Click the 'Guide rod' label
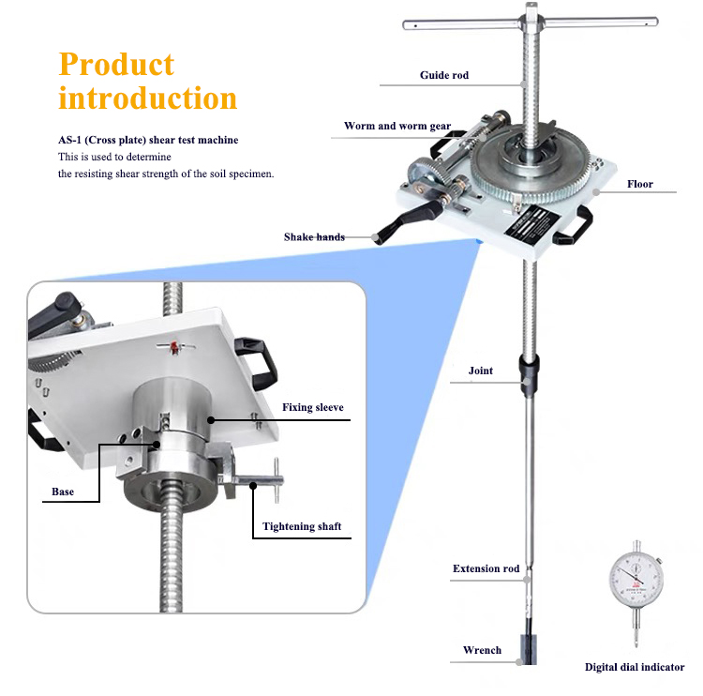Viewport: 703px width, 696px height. [443, 75]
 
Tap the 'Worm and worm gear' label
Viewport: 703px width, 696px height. [396, 126]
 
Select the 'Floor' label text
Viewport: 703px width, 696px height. [640, 184]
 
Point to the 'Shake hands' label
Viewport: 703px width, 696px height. [314, 237]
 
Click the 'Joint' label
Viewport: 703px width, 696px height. [481, 371]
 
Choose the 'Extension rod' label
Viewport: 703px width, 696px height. [486, 568]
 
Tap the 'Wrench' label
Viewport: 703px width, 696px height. [482, 650]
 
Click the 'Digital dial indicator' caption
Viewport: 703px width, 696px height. [635, 668]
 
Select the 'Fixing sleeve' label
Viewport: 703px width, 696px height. [313, 407]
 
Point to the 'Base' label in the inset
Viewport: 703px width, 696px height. [63, 492]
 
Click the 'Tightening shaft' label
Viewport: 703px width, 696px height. [302, 526]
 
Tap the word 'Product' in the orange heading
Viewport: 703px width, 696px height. [116, 64]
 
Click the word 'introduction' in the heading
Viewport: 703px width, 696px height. [148, 98]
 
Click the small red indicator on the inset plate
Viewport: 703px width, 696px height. [174, 349]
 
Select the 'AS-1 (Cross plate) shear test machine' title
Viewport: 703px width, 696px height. [148, 140]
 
